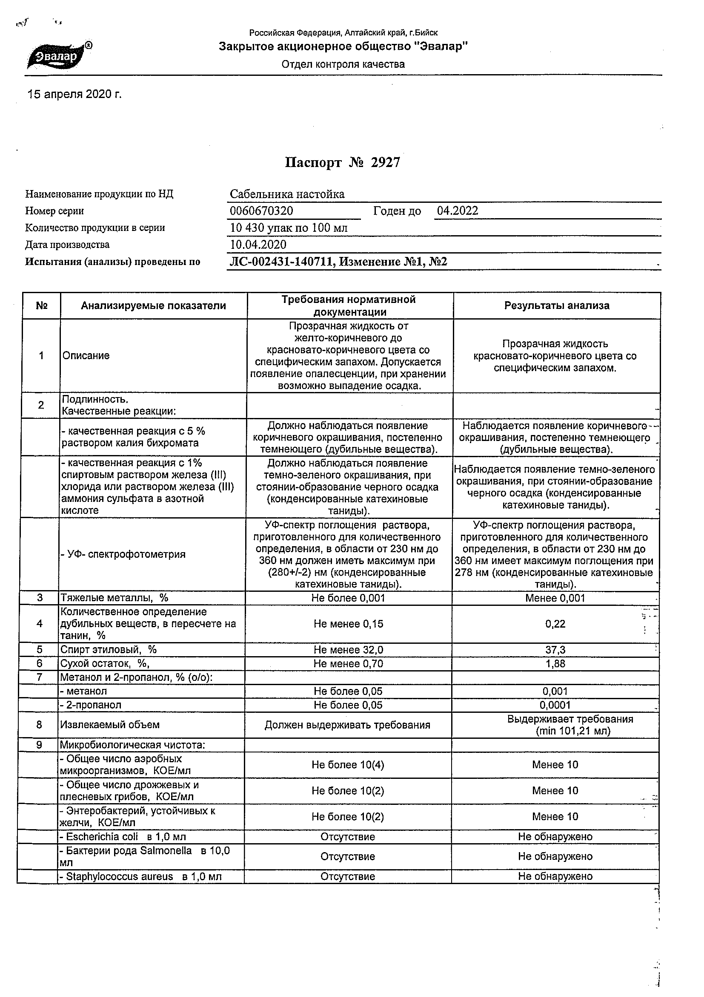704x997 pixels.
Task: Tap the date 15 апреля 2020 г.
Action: point(74,95)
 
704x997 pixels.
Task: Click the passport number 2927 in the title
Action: point(386,163)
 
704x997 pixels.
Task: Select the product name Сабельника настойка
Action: point(287,194)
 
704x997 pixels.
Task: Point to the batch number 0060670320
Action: point(262,211)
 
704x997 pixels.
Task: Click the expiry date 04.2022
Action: point(457,211)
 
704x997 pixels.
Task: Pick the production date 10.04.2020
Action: point(258,245)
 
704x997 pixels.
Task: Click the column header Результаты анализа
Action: point(557,305)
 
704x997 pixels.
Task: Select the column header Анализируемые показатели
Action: point(154,305)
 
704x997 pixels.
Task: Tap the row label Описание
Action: point(86,356)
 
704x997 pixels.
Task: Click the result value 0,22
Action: point(555,624)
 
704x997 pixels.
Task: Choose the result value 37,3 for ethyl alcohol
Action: point(555,650)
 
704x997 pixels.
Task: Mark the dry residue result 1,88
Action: point(555,664)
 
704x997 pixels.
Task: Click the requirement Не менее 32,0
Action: point(348,650)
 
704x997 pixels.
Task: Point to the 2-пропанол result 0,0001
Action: point(555,705)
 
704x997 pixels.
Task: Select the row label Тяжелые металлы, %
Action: point(114,598)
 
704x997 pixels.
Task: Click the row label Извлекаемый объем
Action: point(110,725)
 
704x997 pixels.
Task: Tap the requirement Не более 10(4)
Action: point(348,765)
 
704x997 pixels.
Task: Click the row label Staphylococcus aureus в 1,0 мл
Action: point(140,877)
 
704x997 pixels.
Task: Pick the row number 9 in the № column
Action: point(39,745)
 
